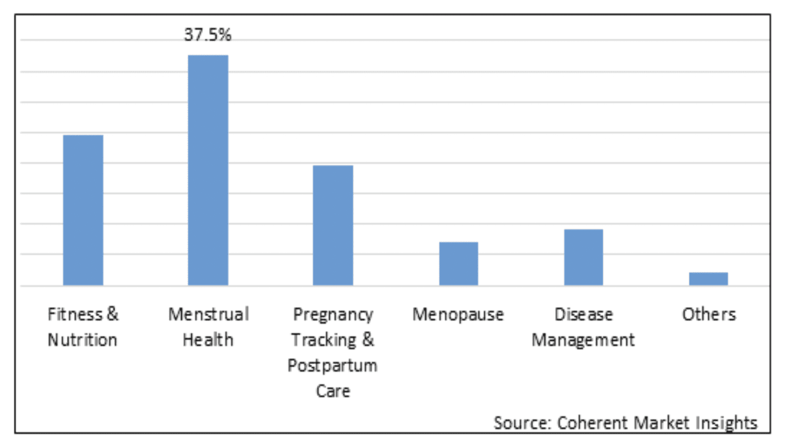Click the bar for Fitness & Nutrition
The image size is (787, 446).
coord(83,210)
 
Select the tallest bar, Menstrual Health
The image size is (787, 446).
coord(208,170)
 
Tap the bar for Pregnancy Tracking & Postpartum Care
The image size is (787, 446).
coord(333,225)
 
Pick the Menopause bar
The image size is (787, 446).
coord(458,263)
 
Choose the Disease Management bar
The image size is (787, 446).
coord(583,257)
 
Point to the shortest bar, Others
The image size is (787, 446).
coord(708,279)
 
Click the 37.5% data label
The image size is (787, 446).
coord(208,35)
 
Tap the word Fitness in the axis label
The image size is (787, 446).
coord(75,314)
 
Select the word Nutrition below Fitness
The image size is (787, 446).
coord(82,340)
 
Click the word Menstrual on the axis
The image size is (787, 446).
coord(209,314)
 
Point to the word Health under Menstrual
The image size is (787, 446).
coord(208,340)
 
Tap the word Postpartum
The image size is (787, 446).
coord(332,366)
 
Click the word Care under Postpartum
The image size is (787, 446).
coord(333,391)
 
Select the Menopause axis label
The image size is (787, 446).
coord(458,315)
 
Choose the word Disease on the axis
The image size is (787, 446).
coord(584,314)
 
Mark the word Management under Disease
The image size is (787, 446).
coord(583,340)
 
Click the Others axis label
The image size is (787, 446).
coord(709,314)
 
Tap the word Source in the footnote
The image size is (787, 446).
coord(521,423)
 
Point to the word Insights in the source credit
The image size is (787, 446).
coord(726,423)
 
